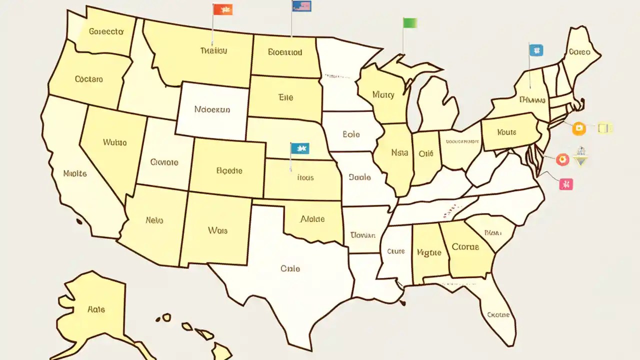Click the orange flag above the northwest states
coord(222,9)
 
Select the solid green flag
coord(409,22)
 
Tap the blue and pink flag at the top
coord(301,5)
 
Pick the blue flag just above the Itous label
coord(299,148)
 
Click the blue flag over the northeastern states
coord(535,50)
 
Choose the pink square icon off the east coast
coord(566,184)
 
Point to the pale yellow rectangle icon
coord(605,128)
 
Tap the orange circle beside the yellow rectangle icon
coord(578,128)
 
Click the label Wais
coord(217,230)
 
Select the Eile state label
coord(285,98)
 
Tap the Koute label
coord(506,132)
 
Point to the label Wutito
coord(115,142)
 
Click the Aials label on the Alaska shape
coord(96,309)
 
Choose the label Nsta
coord(399,153)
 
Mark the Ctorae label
coord(465,246)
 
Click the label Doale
coord(359,177)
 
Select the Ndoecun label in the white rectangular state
coord(212,109)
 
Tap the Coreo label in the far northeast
coord(579,51)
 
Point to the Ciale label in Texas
coord(290,268)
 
